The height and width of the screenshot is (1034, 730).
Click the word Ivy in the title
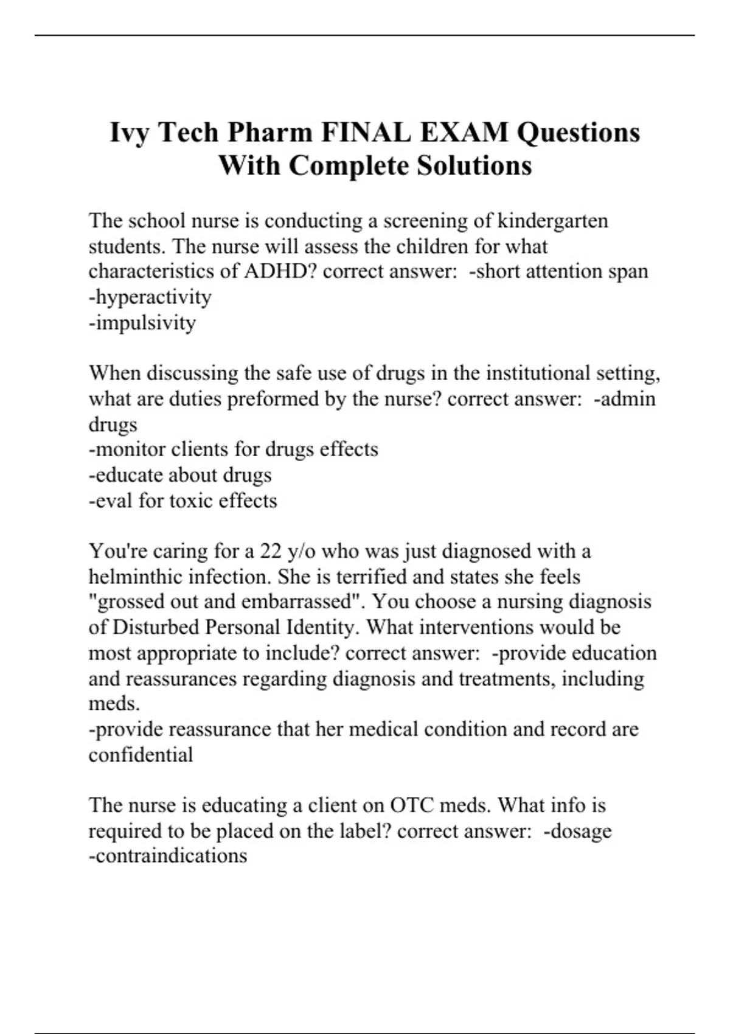tap(130, 133)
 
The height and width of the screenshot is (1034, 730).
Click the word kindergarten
tap(552, 220)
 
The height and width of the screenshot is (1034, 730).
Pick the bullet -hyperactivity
tap(150, 297)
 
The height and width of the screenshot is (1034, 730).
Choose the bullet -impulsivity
tap(142, 322)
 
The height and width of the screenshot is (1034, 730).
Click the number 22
tap(270, 551)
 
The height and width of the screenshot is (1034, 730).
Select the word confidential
tap(141, 755)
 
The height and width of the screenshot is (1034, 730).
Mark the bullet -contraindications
tap(168, 856)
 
